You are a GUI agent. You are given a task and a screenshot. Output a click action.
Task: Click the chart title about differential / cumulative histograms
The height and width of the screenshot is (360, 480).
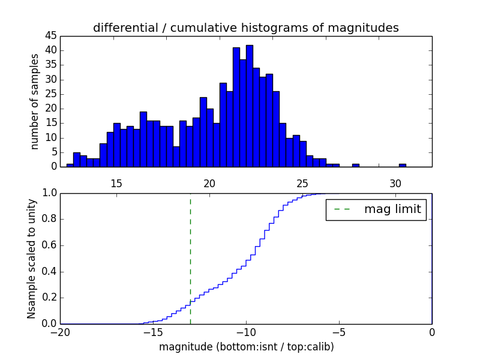pyautogui.click(x=245, y=28)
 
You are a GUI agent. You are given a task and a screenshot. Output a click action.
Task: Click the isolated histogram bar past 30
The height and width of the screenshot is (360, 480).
pyautogui.click(x=402, y=165)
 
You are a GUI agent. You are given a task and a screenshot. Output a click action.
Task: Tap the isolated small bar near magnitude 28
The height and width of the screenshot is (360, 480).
pyautogui.click(x=356, y=165)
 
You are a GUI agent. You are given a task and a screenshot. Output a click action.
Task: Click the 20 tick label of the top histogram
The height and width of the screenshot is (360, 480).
pyautogui.click(x=209, y=182)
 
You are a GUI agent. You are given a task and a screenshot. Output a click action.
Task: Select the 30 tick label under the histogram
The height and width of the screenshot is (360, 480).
pyautogui.click(x=395, y=182)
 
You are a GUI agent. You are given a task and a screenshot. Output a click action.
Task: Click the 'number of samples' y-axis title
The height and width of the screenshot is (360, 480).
pyautogui.click(x=35, y=101)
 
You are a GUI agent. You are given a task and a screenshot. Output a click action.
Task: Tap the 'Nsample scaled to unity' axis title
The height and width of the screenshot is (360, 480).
pyautogui.click(x=31, y=259)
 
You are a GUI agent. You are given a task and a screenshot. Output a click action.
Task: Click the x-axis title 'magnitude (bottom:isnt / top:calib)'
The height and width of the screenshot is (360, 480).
pyautogui.click(x=246, y=347)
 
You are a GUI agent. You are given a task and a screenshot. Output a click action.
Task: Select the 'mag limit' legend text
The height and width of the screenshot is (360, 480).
pyautogui.click(x=392, y=209)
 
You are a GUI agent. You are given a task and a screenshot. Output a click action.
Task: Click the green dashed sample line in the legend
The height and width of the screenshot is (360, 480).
pyautogui.click(x=341, y=209)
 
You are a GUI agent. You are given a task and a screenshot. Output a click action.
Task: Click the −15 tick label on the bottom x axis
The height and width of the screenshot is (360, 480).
pyautogui.click(x=152, y=332)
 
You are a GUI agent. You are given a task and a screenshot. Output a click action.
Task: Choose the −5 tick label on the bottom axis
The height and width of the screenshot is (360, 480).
pyautogui.click(x=338, y=332)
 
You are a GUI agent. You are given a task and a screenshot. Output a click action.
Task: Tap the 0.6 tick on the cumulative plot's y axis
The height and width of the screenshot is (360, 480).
pyautogui.click(x=49, y=245)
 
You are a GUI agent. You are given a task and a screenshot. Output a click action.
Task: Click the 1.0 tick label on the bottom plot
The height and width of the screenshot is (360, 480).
pyautogui.click(x=49, y=193)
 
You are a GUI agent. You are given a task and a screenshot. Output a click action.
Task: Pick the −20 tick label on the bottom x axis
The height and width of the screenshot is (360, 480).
pyautogui.click(x=60, y=332)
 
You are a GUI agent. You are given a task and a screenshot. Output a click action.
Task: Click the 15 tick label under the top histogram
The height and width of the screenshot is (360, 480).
pyautogui.click(x=116, y=182)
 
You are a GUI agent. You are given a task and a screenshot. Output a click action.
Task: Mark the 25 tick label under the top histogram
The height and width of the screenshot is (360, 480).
pyautogui.click(x=302, y=182)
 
